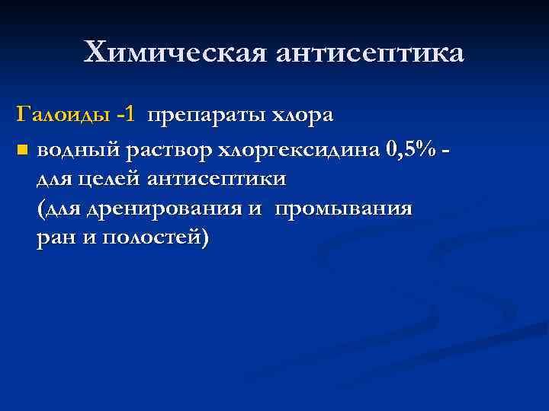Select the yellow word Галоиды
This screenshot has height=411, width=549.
[63, 116]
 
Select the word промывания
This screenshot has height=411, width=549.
[343, 208]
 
